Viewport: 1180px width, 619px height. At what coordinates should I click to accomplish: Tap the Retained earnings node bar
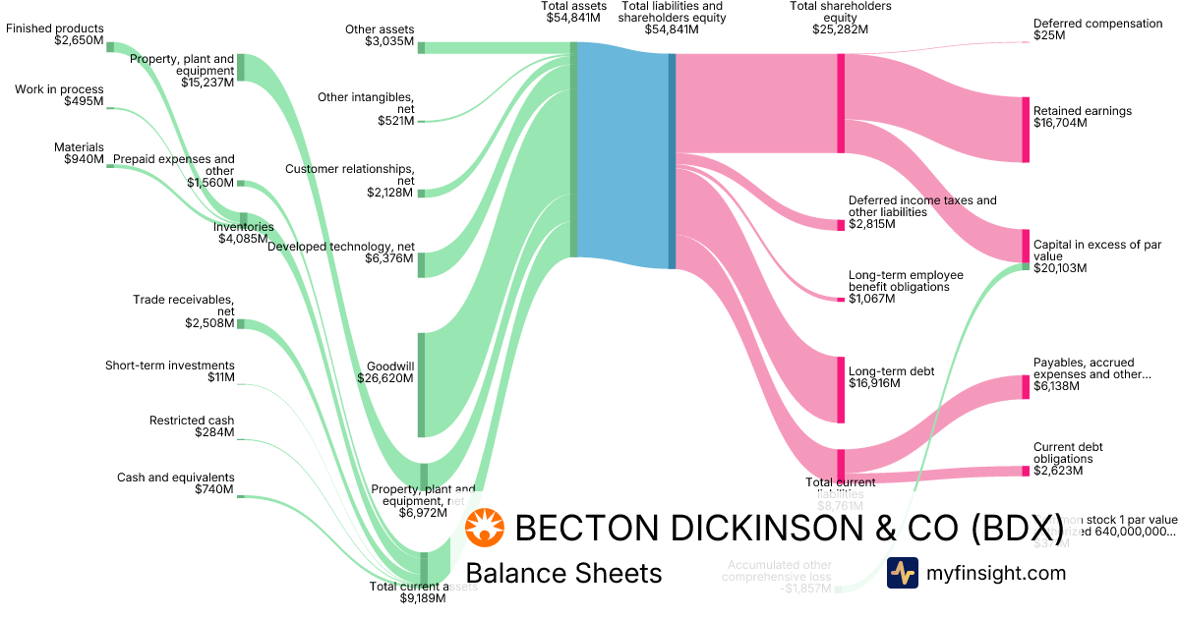click(x=1025, y=129)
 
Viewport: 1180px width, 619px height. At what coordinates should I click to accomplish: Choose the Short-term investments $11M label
click(x=170, y=371)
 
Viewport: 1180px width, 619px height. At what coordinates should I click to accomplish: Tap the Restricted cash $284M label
click(x=192, y=426)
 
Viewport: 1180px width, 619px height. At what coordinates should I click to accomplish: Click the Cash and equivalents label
click(x=176, y=483)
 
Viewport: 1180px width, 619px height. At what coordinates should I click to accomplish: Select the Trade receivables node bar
click(x=241, y=324)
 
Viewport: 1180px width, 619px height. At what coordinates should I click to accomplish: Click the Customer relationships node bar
click(x=422, y=193)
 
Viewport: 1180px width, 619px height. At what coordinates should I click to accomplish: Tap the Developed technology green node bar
click(x=422, y=264)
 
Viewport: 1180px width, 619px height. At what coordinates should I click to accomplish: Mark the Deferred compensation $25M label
click(x=1097, y=29)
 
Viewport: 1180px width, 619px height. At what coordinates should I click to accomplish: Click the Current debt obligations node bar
click(x=1025, y=472)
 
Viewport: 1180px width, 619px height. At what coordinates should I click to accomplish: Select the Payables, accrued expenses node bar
click(x=1025, y=387)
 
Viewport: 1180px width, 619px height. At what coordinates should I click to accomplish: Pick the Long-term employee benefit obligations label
click(x=906, y=287)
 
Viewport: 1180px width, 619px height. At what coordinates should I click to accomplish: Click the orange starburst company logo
click(x=485, y=529)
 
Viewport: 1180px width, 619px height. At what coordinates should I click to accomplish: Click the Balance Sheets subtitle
click(x=563, y=573)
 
